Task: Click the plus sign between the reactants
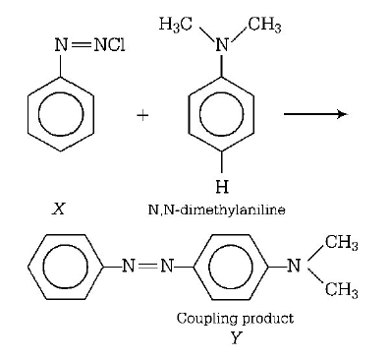142,116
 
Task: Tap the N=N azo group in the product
145,266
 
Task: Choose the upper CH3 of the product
339,244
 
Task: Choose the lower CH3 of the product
339,288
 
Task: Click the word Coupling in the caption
202,319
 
